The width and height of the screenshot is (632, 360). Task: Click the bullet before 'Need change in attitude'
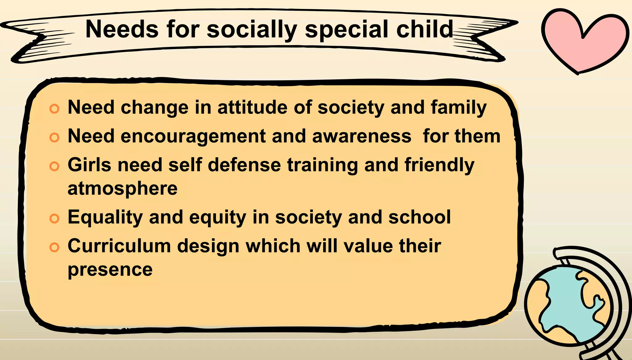pyautogui.click(x=54, y=109)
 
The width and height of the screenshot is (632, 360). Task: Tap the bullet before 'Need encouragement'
pyautogui.click(x=54, y=137)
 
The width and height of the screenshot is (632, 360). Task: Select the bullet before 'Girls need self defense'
pyautogui.click(x=54, y=166)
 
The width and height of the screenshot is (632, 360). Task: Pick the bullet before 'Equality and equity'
pyautogui.click(x=54, y=219)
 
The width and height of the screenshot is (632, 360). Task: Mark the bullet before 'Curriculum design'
pyautogui.click(x=54, y=247)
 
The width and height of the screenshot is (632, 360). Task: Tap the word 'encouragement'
pyautogui.click(x=193, y=136)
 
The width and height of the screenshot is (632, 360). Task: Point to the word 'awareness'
pyautogui.click(x=362, y=136)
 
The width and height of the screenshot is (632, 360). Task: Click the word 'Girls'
pyautogui.click(x=89, y=165)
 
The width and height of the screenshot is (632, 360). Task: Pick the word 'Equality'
pyautogui.click(x=105, y=217)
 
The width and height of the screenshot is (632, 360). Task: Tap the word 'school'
pyautogui.click(x=420, y=217)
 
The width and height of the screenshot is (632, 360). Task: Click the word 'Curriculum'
pyautogui.click(x=119, y=246)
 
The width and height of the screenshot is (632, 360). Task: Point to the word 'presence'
pyautogui.click(x=110, y=270)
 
